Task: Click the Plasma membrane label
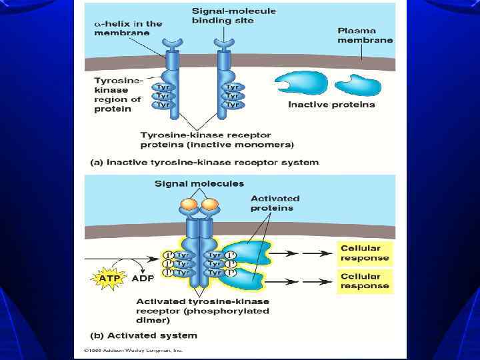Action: (365, 35)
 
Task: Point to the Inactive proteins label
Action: (331, 104)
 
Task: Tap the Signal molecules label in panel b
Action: (199, 184)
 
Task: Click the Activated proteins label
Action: (275, 203)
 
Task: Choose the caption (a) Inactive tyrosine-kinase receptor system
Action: (204, 162)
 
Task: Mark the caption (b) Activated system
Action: (143, 335)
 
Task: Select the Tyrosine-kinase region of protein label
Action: (119, 95)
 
